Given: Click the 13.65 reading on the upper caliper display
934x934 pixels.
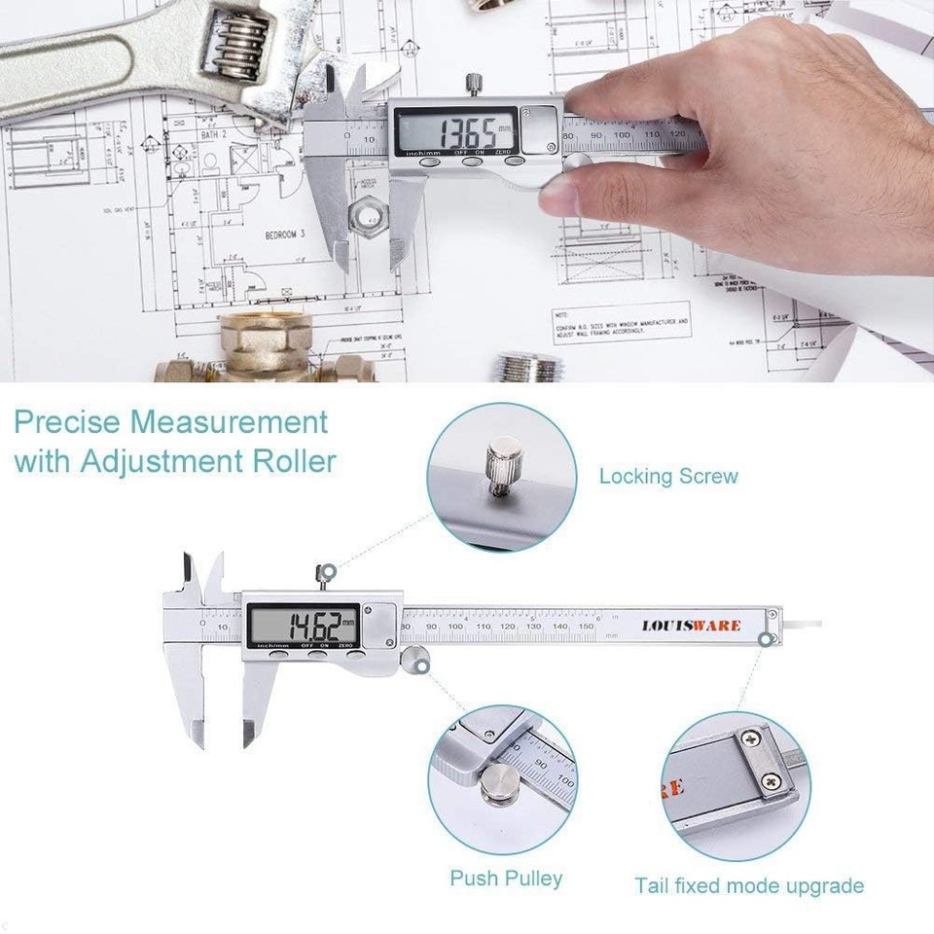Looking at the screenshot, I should coord(464,130).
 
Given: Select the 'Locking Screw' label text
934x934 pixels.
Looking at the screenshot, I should coord(668,477).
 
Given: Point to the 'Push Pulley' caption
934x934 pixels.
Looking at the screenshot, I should coord(506,878).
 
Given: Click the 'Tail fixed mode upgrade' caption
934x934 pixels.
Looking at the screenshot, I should coord(749,885).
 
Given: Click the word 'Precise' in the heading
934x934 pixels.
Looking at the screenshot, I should coord(66,423).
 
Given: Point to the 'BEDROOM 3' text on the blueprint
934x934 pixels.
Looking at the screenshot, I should coord(285,234).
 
